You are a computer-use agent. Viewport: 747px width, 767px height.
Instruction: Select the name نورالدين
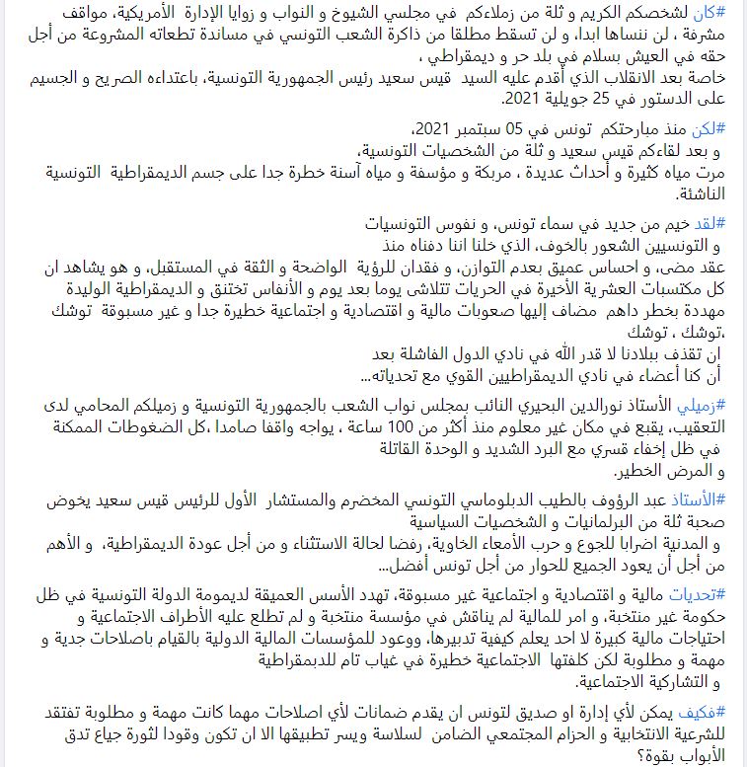click(x=619, y=406)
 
